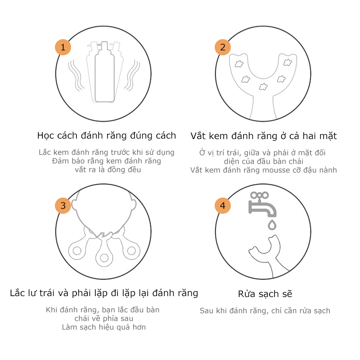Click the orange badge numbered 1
[63, 47]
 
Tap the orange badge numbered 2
[222, 47]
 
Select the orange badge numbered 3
[63, 206]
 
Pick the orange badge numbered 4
[222, 206]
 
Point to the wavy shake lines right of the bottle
[134, 74]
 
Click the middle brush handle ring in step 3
[104, 257]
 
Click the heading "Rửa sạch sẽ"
[265, 294]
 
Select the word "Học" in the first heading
[45, 135]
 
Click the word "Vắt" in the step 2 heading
[198, 135]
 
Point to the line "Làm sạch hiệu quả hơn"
[104, 327]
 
